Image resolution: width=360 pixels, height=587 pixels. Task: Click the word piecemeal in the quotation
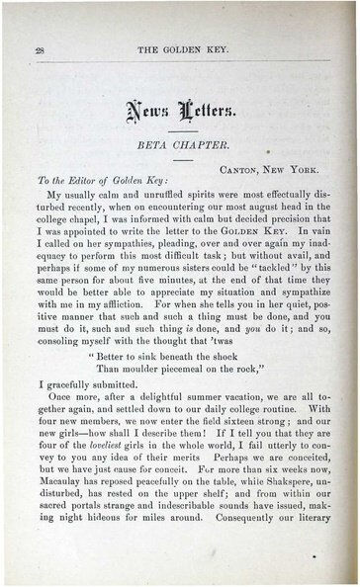[x=210, y=370]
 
